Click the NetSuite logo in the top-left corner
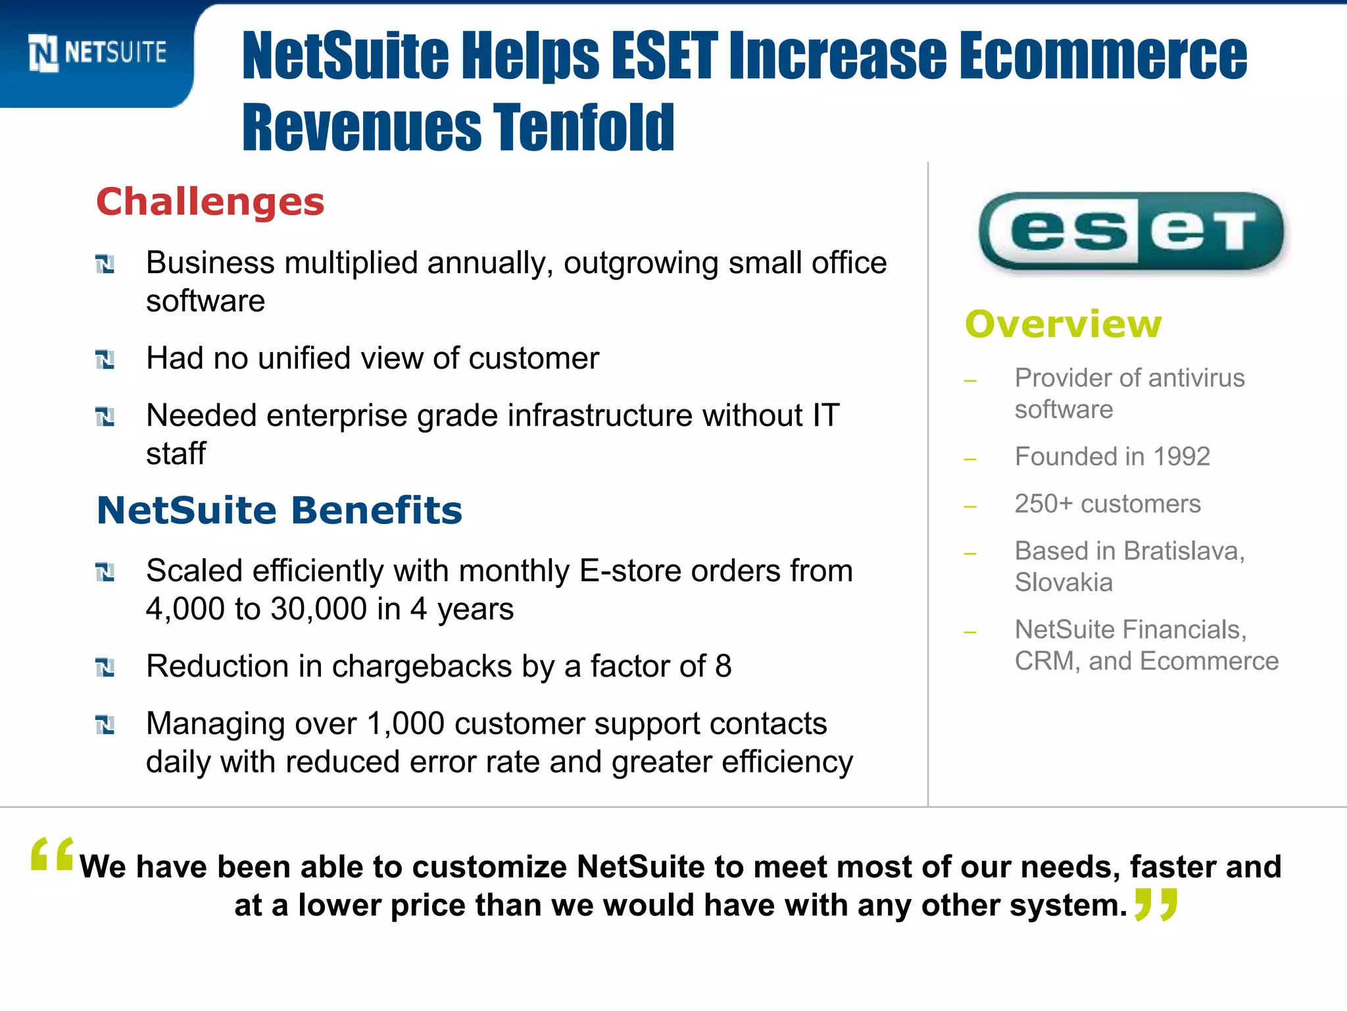tap(97, 53)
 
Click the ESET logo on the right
tap(1131, 231)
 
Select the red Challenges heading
tap(210, 201)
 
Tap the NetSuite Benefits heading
tap(280, 510)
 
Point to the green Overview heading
tap(1063, 324)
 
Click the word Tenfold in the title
tap(584, 127)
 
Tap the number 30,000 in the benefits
tap(318, 609)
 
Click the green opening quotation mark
tap(52, 854)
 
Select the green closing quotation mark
tap(1156, 904)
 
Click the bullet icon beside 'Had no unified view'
tap(105, 359)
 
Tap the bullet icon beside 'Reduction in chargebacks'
tap(105, 667)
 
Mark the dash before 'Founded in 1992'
tap(970, 459)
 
